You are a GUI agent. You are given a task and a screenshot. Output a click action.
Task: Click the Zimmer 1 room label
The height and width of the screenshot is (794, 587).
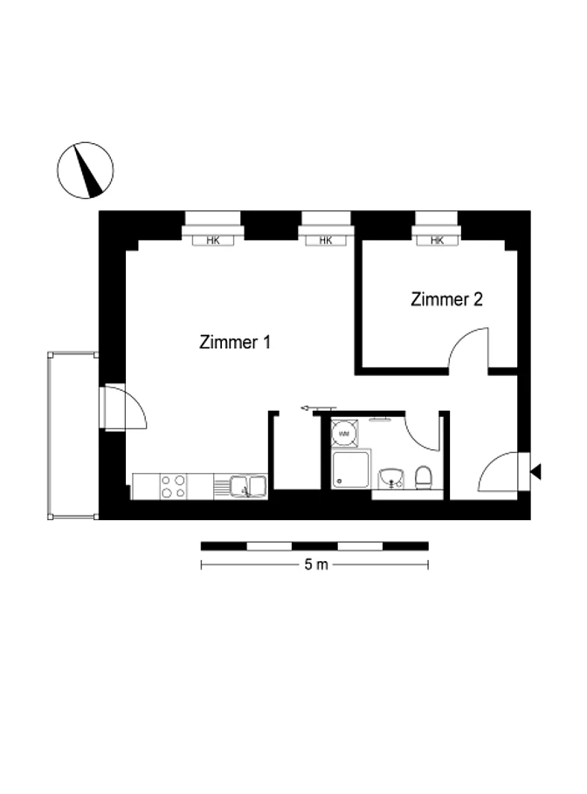point(235,342)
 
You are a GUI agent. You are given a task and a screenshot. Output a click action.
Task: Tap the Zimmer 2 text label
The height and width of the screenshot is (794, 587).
point(446,299)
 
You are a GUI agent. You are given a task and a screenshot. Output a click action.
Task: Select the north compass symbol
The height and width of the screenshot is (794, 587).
point(85,170)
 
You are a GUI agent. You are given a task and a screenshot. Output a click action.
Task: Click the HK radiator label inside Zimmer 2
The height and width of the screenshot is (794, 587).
point(437,241)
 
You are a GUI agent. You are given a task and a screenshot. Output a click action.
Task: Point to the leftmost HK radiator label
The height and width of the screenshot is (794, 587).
point(213,241)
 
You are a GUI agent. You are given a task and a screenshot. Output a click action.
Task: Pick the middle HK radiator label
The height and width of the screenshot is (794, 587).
point(326,241)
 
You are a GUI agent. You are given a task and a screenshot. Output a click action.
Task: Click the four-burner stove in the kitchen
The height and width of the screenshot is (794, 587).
point(173,486)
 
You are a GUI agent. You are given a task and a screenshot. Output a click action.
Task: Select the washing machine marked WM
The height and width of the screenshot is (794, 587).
point(344,434)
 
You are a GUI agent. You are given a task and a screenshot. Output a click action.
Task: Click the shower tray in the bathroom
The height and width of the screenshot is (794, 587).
point(350,469)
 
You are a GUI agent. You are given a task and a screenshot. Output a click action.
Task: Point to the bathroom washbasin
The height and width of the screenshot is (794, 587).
point(390,478)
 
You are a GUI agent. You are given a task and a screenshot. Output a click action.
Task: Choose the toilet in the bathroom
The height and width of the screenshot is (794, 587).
point(423,477)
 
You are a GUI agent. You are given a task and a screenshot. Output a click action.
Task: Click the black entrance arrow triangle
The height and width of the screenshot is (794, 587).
point(535,471)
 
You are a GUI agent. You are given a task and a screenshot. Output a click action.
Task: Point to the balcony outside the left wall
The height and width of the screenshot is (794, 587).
point(73,435)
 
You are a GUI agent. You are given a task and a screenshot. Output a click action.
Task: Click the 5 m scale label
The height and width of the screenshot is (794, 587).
point(316,565)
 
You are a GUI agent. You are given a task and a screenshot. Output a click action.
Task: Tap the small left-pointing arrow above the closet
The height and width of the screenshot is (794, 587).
point(318,407)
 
